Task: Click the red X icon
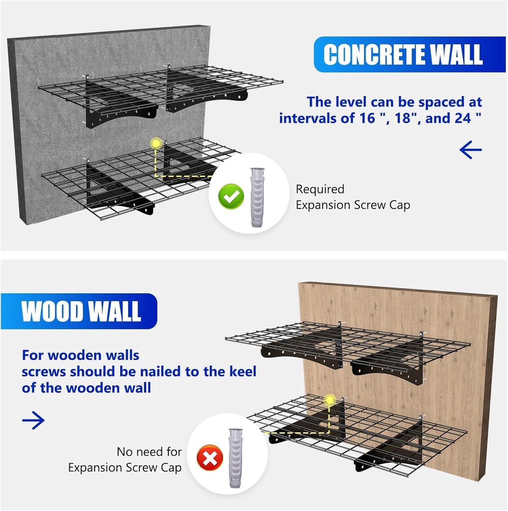210,458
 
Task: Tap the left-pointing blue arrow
470,150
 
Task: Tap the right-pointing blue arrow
33,420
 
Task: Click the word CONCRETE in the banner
374,55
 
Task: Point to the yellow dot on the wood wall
329,400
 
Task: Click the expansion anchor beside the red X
236,458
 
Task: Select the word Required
320,189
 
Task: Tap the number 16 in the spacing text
367,118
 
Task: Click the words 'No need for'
149,452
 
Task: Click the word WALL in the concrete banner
456,55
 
